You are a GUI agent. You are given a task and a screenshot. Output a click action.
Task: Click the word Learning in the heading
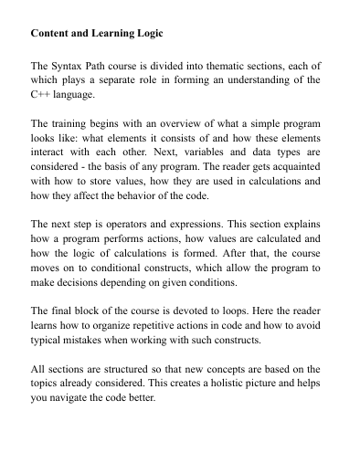[x=109, y=34]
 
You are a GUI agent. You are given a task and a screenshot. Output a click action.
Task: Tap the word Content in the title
[x=53, y=34]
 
